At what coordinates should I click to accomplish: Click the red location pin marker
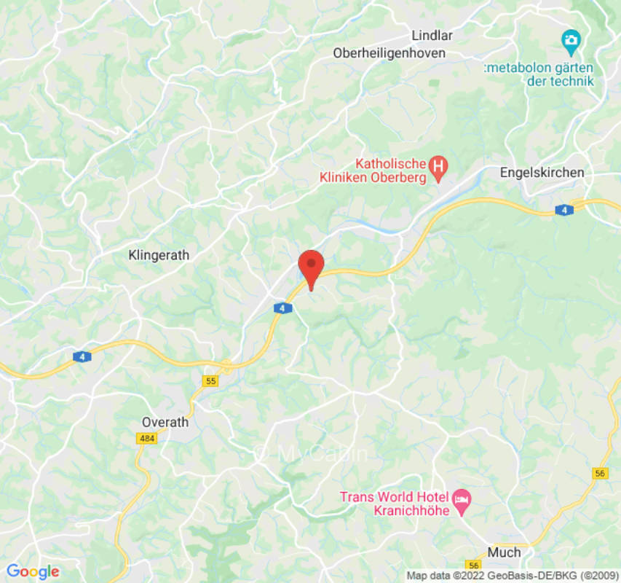(x=312, y=265)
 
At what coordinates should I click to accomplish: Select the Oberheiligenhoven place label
(x=389, y=53)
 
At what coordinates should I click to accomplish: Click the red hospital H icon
(x=438, y=168)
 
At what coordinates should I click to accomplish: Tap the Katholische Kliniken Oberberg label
(x=373, y=170)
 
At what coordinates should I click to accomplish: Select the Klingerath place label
(x=159, y=256)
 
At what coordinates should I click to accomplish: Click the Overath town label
(x=165, y=422)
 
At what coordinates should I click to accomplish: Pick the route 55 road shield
(x=211, y=381)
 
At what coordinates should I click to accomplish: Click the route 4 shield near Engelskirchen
(x=563, y=210)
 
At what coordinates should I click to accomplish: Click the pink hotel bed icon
(x=461, y=499)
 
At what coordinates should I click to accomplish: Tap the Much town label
(x=504, y=552)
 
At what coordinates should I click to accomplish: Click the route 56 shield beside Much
(x=474, y=566)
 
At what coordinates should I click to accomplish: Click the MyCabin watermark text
(x=311, y=453)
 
